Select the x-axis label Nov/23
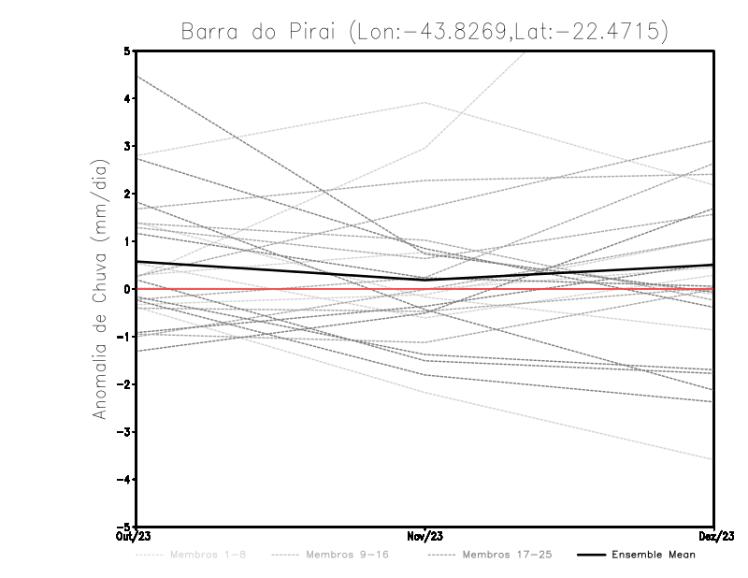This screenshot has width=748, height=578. (x=425, y=536)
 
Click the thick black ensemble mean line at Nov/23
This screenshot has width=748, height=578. (x=425, y=280)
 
